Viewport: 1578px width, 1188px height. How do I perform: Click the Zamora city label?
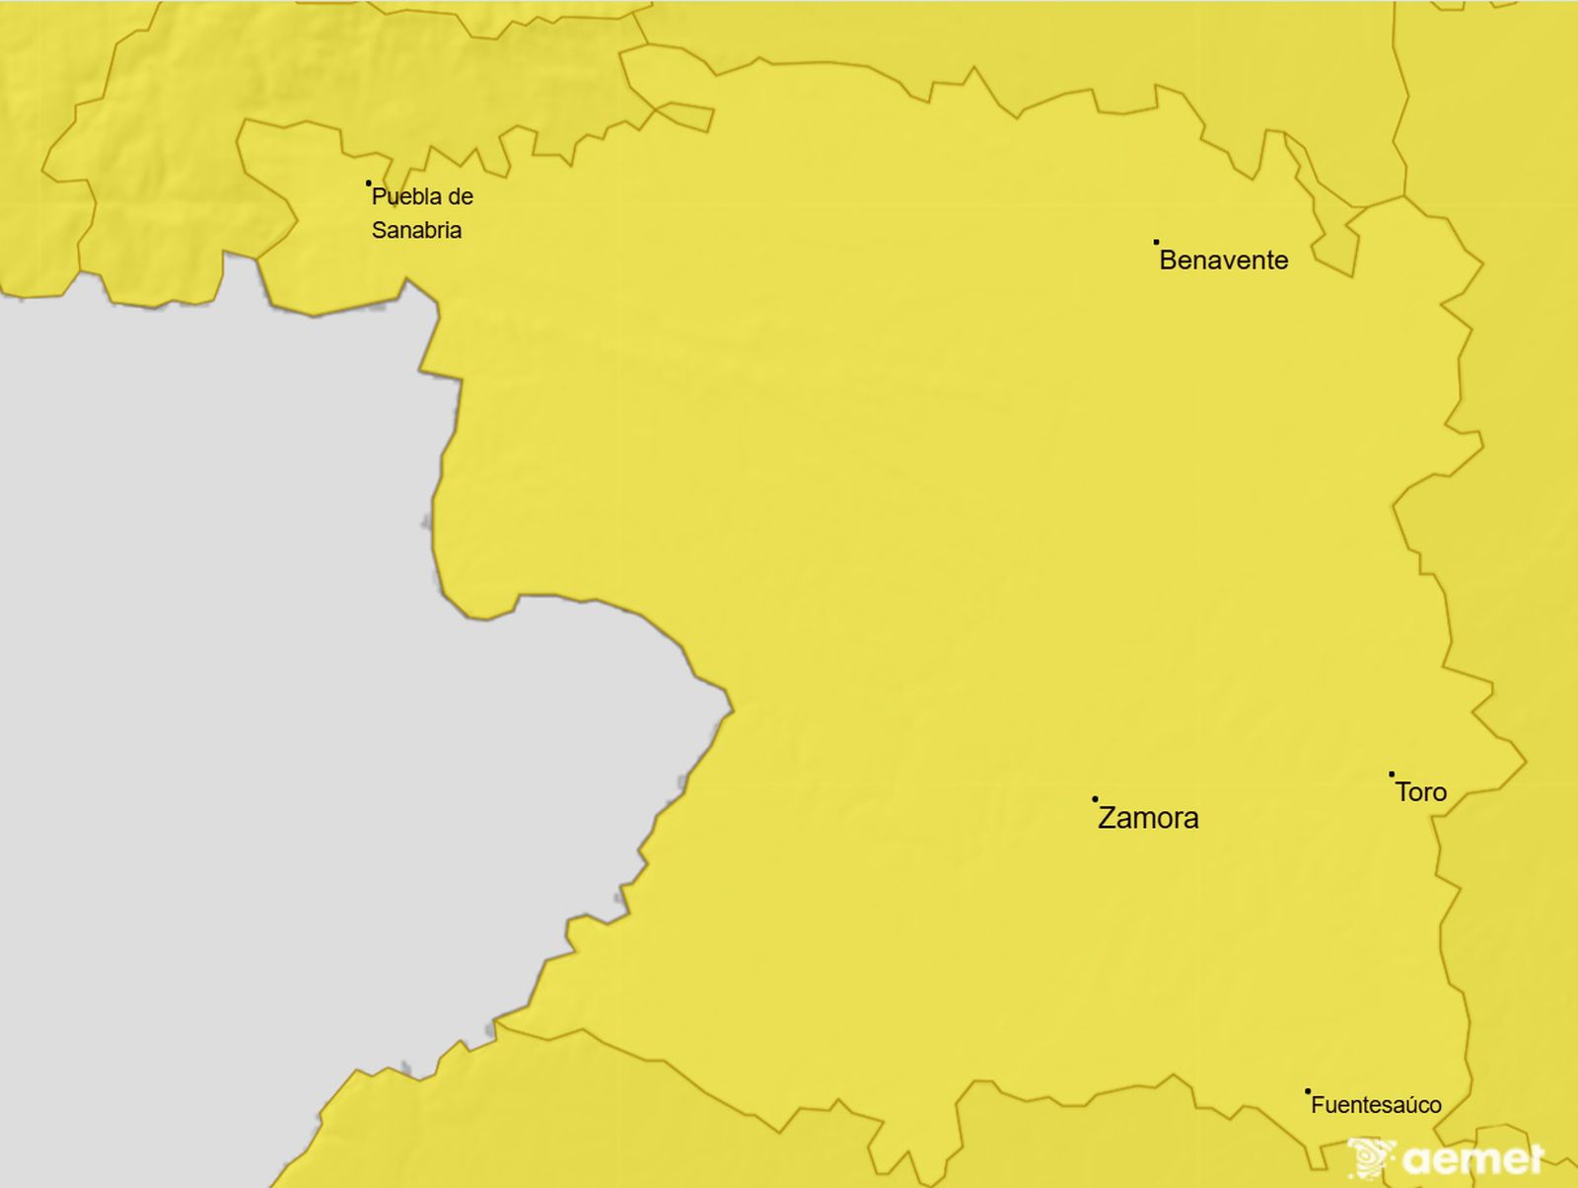[1148, 818]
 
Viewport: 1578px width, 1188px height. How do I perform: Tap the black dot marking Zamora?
[1095, 799]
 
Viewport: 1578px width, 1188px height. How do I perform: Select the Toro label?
[1421, 792]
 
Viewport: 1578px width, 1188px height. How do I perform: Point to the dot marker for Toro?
[1392, 775]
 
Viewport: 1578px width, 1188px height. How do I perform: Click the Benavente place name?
[1224, 260]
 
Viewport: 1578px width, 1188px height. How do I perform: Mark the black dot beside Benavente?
[1156, 242]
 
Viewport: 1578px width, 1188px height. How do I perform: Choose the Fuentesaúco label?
[1376, 1105]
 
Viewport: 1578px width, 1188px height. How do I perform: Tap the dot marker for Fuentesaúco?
[1308, 1091]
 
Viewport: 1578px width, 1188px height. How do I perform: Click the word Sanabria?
[416, 231]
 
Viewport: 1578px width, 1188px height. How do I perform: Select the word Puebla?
[402, 197]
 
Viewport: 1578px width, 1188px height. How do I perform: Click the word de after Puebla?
[460, 197]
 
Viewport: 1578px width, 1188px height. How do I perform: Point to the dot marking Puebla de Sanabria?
[368, 183]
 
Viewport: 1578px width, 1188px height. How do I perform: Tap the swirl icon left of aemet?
[1371, 1157]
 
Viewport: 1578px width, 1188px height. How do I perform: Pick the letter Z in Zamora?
[1108, 818]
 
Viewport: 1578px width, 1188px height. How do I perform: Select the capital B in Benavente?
[1169, 260]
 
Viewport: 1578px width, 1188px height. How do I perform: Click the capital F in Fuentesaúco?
[1317, 1105]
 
